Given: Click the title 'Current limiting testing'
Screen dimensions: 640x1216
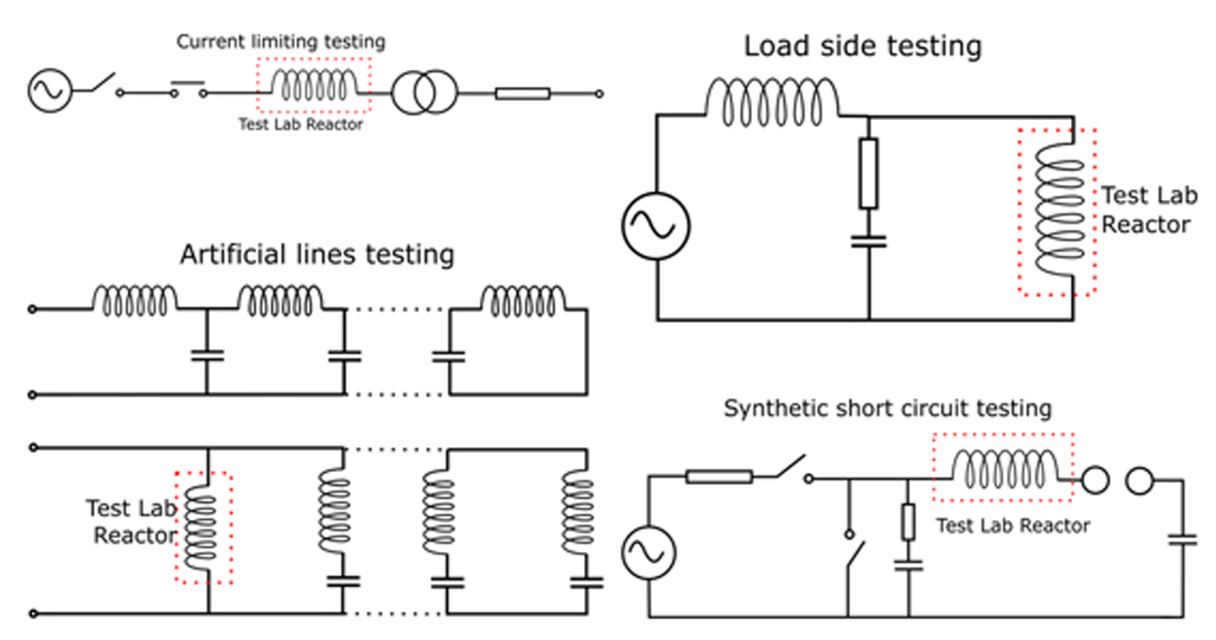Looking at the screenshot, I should (281, 41).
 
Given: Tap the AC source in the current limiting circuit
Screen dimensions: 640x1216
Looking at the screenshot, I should (49, 90).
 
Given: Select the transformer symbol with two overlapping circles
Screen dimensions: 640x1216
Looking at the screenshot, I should (424, 93).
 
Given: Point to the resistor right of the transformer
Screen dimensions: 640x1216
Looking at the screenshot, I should (522, 93).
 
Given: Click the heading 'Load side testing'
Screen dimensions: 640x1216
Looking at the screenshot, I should (862, 46).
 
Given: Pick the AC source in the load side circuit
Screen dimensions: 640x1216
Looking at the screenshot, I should (656, 226).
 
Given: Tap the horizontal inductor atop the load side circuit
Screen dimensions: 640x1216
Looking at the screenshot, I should (772, 102).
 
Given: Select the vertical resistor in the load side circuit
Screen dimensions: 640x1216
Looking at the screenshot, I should (868, 173).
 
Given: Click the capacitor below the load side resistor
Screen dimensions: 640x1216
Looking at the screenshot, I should (868, 242).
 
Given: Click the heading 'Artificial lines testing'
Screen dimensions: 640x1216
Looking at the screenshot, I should (317, 254).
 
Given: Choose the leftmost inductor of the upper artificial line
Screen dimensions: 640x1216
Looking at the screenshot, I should (135, 300).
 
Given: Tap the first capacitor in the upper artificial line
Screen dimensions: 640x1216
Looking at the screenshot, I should (207, 355).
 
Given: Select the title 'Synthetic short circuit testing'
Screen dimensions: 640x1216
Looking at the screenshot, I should (887, 408).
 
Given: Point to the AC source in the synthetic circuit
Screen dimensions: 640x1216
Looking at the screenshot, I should (648, 553).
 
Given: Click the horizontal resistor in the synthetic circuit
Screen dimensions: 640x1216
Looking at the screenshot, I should (719, 477).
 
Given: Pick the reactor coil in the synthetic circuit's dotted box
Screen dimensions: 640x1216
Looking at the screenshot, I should (1005, 469).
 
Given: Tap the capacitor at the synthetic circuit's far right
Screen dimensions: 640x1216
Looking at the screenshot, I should (1183, 540).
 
